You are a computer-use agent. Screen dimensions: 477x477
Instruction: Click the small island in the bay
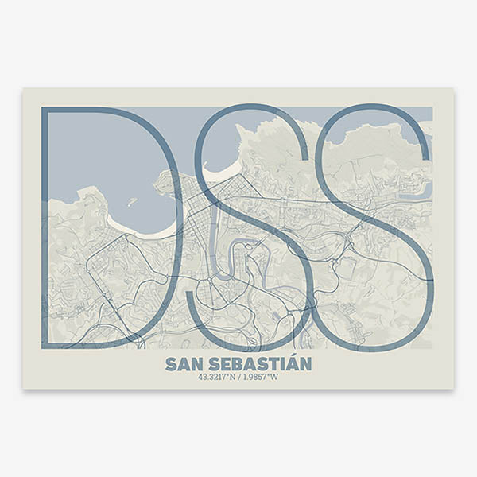point(132,201)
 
